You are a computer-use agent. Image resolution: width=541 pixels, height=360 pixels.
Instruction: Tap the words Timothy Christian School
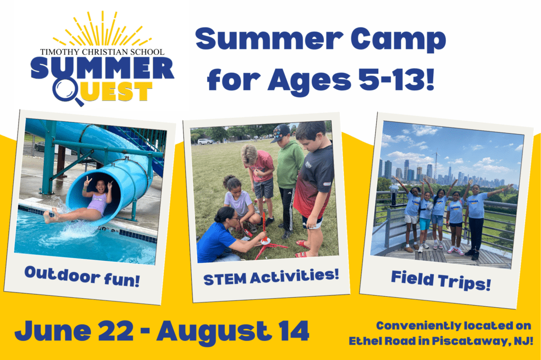click(x=102, y=52)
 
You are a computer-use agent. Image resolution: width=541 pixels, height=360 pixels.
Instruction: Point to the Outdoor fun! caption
click(x=82, y=277)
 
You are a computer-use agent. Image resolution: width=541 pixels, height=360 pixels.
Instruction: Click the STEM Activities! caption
click(x=271, y=277)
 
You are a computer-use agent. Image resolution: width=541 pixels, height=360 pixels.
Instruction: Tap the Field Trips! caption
click(x=441, y=280)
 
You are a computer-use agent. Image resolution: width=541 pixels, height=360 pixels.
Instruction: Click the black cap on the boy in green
click(x=280, y=133)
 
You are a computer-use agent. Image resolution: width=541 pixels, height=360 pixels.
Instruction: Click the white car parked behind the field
click(x=206, y=141)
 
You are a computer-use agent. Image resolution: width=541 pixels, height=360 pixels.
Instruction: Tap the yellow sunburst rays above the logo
click(x=102, y=30)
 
